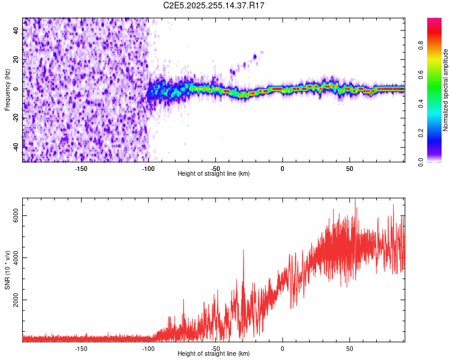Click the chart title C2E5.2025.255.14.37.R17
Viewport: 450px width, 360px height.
pyautogui.click(x=214, y=5)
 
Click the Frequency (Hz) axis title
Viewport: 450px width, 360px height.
pyautogui.click(x=7, y=90)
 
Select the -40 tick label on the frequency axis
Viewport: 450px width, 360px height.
pyautogui.click(x=16, y=146)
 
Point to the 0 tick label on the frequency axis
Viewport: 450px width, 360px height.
pyautogui.click(x=16, y=89)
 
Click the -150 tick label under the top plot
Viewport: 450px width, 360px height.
pyautogui.click(x=81, y=168)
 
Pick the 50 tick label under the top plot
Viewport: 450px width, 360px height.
pyautogui.click(x=349, y=168)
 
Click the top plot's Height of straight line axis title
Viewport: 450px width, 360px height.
pyautogui.click(x=214, y=174)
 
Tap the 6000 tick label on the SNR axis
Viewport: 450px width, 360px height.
pyautogui.click(x=16, y=216)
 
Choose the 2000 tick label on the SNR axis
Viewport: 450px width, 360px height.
pyautogui.click(x=16, y=300)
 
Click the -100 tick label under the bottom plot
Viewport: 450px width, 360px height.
pyautogui.click(x=148, y=348)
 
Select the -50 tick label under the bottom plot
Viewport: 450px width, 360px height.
pyautogui.click(x=215, y=348)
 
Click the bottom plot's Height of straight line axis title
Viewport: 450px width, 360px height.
pyautogui.click(x=214, y=354)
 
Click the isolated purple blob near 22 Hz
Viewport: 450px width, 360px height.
pyautogui.click(x=254, y=57)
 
